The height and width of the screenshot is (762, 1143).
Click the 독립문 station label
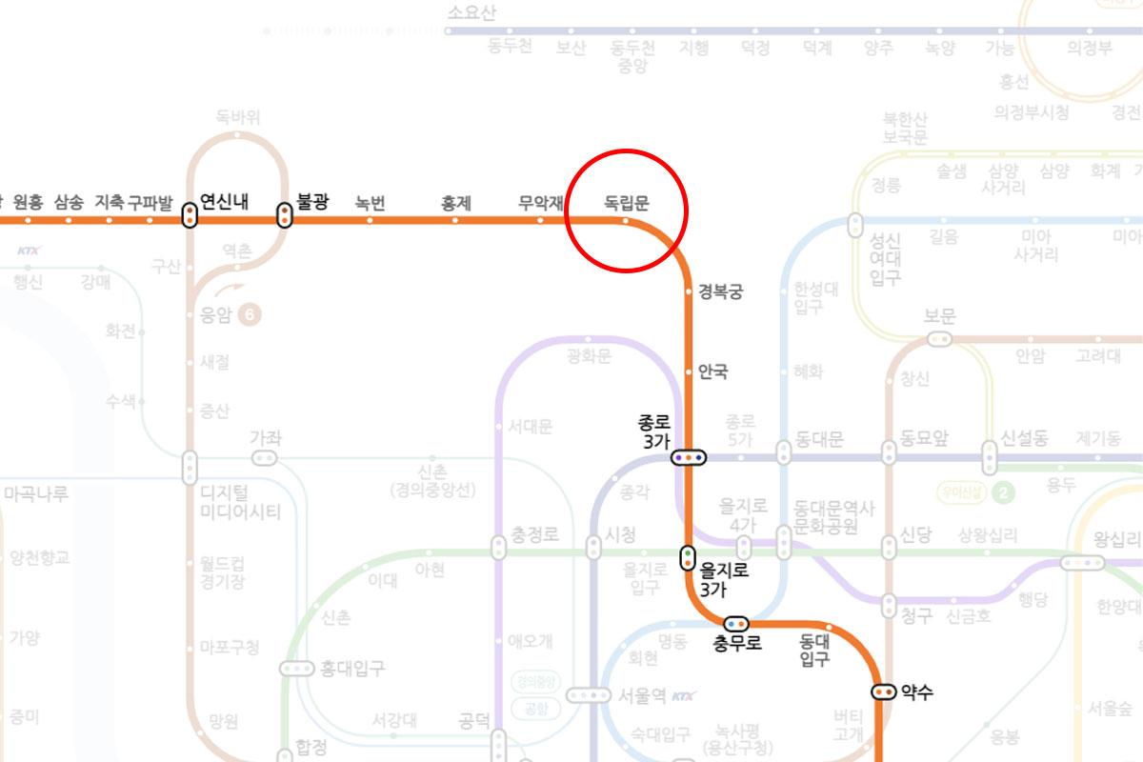point(626,202)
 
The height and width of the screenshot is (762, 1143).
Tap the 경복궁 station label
point(720,291)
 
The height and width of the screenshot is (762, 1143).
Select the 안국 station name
point(712,371)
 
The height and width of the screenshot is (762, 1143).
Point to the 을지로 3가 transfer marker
point(688,557)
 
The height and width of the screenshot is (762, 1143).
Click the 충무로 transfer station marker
point(737,623)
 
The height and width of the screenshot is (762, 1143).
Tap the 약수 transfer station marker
point(883,692)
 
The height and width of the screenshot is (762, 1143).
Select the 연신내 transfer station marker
point(190,216)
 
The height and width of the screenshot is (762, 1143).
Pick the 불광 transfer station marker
point(283,216)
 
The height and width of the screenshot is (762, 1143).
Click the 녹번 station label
point(370,202)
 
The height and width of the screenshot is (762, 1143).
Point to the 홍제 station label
point(455,202)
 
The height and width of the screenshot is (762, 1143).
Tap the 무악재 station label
point(540,202)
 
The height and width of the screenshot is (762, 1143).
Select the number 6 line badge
point(250,315)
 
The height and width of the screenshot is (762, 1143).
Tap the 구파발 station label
point(150,202)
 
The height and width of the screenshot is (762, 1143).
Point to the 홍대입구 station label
point(352,669)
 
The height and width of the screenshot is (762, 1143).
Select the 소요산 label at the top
point(471,12)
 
